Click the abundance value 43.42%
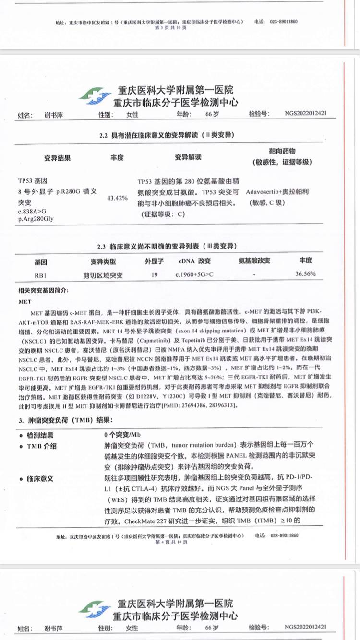[x=117, y=198]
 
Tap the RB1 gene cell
[x=40, y=275]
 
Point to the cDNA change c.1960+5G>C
[x=194, y=274]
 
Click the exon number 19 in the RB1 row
[x=154, y=274]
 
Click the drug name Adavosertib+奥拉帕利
[x=277, y=192]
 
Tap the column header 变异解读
[x=188, y=157]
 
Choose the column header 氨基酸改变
[x=254, y=261]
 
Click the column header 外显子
[x=155, y=261]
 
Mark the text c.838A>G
[x=29, y=211]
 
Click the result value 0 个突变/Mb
[x=122, y=435]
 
